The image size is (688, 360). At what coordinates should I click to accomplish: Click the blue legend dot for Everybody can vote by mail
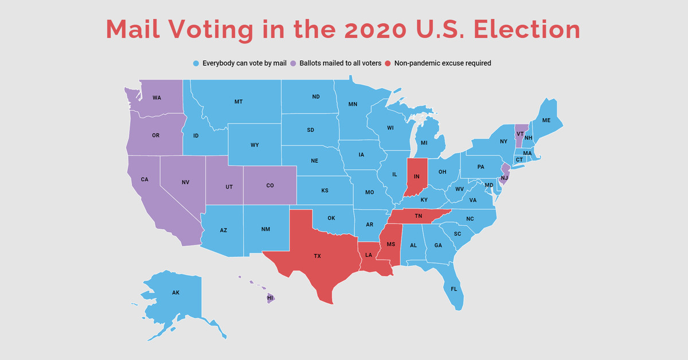[196, 63]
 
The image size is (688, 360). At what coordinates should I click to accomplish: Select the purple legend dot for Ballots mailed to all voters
[294, 63]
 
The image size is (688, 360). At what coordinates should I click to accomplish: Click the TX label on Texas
[317, 256]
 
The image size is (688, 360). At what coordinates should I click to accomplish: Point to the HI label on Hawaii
[270, 298]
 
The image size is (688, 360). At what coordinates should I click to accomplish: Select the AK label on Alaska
[175, 292]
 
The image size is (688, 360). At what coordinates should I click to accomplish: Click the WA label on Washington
[157, 98]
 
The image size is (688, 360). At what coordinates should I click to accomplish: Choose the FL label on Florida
[454, 288]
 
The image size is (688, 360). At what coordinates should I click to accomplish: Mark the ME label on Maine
[546, 120]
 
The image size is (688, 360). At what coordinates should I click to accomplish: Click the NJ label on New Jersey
[503, 178]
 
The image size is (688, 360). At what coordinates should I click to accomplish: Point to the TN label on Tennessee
[419, 216]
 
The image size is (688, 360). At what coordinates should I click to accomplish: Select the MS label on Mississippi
[391, 245]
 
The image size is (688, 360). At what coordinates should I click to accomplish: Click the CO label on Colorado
[270, 186]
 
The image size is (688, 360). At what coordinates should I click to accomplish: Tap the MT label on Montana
[239, 101]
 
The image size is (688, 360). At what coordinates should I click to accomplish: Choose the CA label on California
[144, 179]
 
